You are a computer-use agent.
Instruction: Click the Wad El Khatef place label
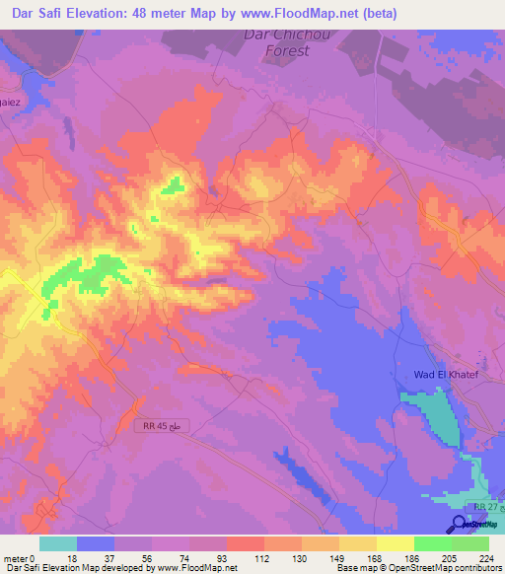tap(444, 374)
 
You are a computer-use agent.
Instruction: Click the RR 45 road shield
tap(160, 424)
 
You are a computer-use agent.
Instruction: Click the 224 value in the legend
tap(487, 556)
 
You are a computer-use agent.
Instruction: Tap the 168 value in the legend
tap(376, 556)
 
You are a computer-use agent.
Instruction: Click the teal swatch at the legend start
tap(58, 543)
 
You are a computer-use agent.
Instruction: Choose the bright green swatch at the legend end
tap(469, 543)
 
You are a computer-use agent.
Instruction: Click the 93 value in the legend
tap(226, 556)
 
